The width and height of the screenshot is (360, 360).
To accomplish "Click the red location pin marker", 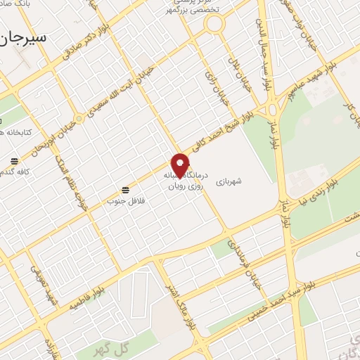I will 181,165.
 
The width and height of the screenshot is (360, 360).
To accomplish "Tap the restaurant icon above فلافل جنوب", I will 125,190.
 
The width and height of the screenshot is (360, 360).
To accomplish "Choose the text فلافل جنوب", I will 121,201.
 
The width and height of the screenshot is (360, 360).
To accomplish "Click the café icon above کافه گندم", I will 15,160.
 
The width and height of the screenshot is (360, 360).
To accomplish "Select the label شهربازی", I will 229,180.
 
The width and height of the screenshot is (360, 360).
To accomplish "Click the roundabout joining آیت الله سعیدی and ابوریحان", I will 79,120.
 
